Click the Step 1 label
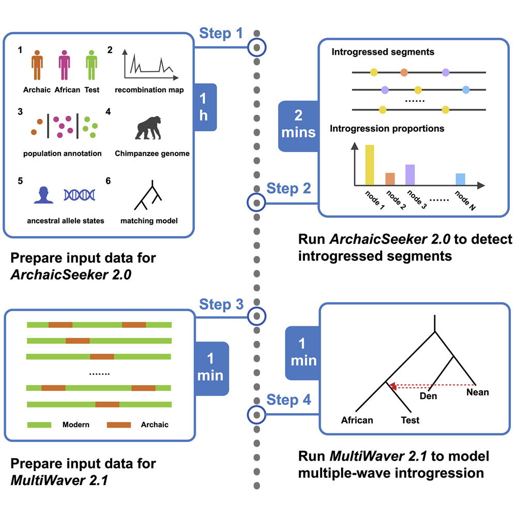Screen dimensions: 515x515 tap(221, 35)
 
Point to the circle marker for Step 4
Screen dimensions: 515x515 tap(257, 414)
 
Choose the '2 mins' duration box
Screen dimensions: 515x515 tap(298, 126)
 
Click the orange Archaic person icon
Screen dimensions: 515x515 tap(37, 66)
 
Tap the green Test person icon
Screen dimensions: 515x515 tap(92, 66)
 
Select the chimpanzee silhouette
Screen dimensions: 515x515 tap(152, 127)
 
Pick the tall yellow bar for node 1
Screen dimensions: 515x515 tap(370, 164)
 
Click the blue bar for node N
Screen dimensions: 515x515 tap(460, 179)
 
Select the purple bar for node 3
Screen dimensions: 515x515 tap(410, 175)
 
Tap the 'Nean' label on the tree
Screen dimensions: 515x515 tap(477, 392)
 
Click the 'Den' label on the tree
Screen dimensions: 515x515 tap(429, 397)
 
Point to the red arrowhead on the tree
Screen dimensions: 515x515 tap(393, 386)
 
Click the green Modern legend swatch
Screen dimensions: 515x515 tap(40, 425)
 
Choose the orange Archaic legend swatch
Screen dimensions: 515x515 tap(119, 425)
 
